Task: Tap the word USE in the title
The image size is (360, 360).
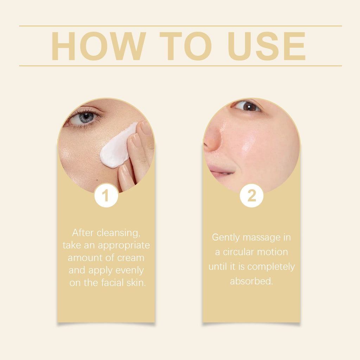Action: pos(266,46)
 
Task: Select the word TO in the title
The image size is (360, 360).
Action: pos(186,46)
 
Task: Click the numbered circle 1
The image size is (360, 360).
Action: pos(106,195)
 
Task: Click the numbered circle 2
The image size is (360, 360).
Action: pos(252,195)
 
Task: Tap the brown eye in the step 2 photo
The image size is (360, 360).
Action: pos(247,106)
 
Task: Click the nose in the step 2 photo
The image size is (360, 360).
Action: pos(212,139)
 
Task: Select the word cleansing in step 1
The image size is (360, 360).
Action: pos(118,233)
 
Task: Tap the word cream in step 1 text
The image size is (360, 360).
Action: pos(131,258)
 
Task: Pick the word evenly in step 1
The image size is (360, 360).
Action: pos(129,271)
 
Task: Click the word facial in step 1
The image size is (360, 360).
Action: pos(112,283)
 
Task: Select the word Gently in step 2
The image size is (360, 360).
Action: pos(226,238)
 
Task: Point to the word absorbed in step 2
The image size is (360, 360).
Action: pos(251,281)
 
